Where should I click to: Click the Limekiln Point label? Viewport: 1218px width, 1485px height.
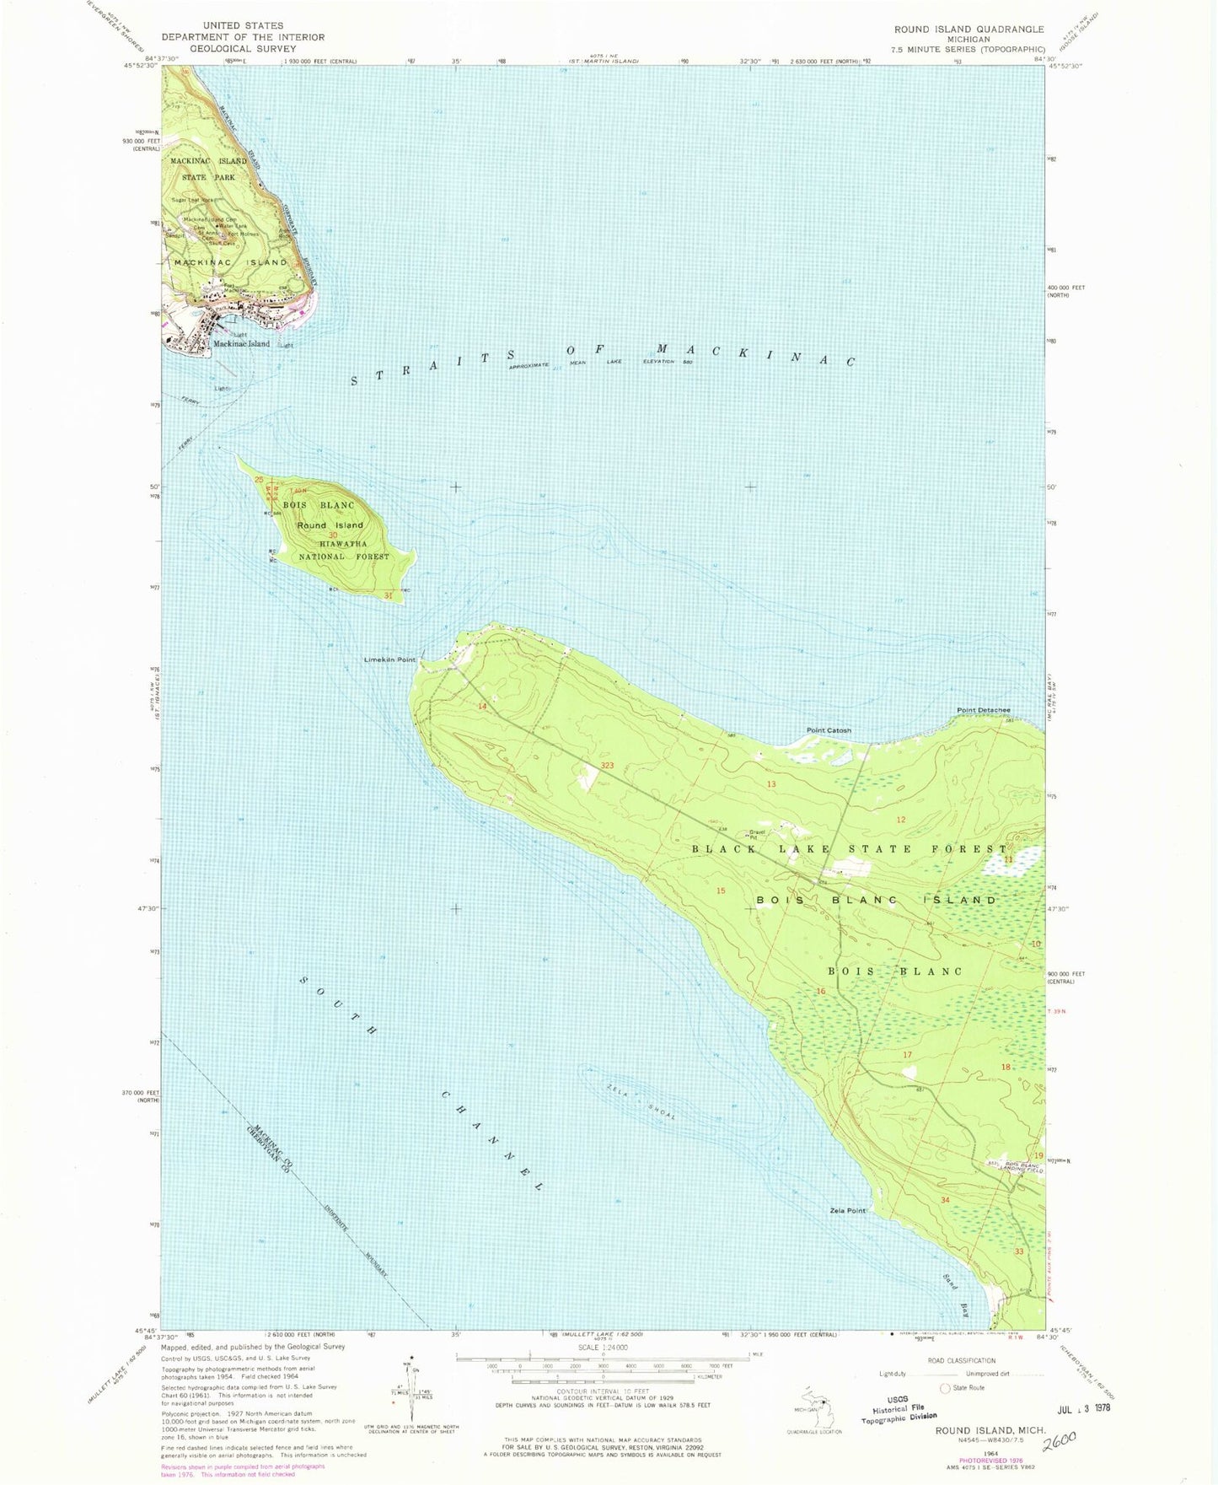389,659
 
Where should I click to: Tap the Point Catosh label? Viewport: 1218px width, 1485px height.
829,730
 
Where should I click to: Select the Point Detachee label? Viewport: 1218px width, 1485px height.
983,710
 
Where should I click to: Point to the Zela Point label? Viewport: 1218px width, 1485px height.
847,1211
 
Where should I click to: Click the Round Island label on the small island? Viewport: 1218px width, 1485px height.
330,525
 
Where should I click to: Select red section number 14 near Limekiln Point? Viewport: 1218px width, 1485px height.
482,706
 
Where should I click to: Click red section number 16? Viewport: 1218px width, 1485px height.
821,991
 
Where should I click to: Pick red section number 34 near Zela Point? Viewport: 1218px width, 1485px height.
945,1199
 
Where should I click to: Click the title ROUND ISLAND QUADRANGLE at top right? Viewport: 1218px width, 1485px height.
968,30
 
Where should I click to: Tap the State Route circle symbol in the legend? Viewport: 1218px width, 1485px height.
945,1388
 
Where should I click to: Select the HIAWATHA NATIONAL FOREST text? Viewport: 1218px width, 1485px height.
344,551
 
